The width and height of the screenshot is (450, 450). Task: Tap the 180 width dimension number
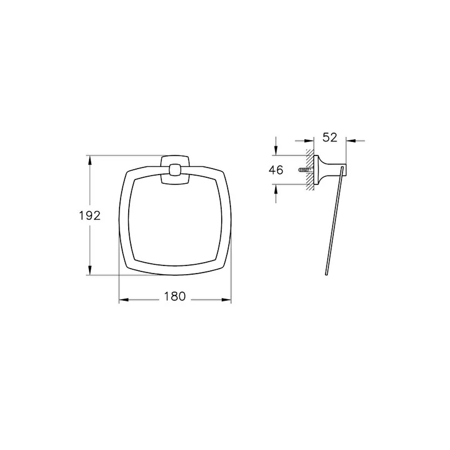pos(175,296)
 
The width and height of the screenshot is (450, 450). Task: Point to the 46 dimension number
pos(276,170)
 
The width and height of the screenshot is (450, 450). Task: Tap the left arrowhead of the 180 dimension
pos(123,300)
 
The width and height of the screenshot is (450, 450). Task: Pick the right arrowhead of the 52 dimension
pos(350,140)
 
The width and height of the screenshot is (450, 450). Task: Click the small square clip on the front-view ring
pos(175,171)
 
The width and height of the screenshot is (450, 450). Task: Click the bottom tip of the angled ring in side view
pos(325,274)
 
